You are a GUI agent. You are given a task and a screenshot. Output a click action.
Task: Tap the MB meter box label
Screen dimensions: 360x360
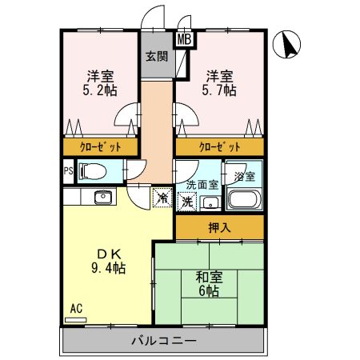click(x=184, y=38)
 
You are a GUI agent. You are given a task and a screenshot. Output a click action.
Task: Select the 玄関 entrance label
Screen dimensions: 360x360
click(x=156, y=56)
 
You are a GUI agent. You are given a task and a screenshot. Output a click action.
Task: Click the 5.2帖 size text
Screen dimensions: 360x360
click(x=101, y=91)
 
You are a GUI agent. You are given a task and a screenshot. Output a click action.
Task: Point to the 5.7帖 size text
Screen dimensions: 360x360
click(x=220, y=91)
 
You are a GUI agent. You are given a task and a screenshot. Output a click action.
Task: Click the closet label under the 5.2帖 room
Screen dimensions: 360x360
click(x=101, y=147)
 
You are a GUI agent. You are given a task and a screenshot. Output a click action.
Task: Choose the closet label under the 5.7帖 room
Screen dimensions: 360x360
click(x=220, y=147)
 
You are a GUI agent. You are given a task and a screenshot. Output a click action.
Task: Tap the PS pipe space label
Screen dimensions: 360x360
click(x=69, y=171)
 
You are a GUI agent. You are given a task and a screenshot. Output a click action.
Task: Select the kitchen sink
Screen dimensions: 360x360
click(x=102, y=198)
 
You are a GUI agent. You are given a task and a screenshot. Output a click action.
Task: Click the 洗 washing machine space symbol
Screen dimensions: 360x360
click(x=186, y=202)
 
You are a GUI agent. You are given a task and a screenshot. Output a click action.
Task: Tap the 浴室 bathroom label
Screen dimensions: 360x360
click(x=244, y=175)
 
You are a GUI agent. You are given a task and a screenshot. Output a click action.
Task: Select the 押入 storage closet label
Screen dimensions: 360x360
click(x=219, y=227)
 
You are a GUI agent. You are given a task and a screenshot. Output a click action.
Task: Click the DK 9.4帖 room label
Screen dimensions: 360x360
click(x=110, y=261)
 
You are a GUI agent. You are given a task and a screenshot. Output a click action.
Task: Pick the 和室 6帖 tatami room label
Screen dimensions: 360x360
click(x=210, y=284)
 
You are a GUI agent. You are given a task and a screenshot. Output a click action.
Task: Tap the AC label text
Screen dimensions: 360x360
click(x=76, y=308)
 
